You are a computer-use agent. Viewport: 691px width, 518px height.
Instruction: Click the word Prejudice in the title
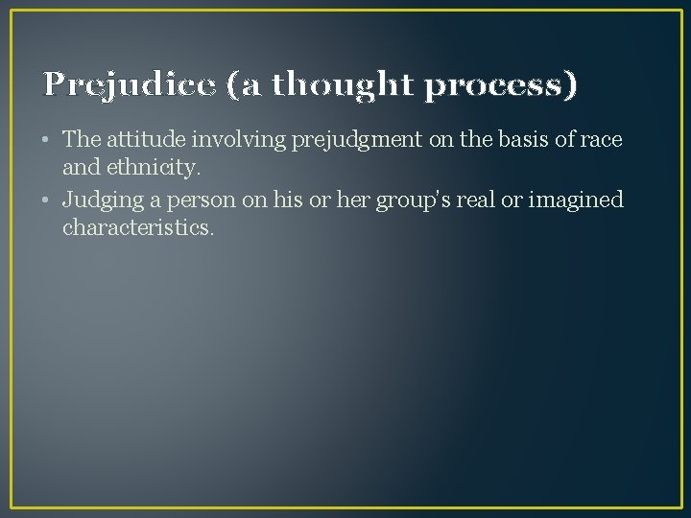click(130, 85)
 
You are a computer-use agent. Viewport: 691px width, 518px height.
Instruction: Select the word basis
click(495, 140)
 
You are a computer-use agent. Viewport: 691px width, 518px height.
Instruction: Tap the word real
click(465, 200)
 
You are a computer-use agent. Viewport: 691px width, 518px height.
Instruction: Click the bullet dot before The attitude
click(47, 141)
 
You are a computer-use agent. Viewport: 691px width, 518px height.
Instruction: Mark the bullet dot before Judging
click(47, 201)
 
